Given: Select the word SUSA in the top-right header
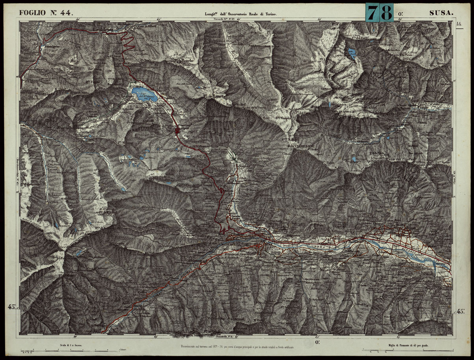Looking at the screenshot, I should tap(441, 13).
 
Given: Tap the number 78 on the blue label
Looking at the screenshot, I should tap(379, 12).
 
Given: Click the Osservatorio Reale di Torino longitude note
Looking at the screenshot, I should tap(241, 13).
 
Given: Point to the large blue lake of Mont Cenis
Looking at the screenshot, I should tap(145, 94).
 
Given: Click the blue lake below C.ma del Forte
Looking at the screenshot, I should tap(351, 52).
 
